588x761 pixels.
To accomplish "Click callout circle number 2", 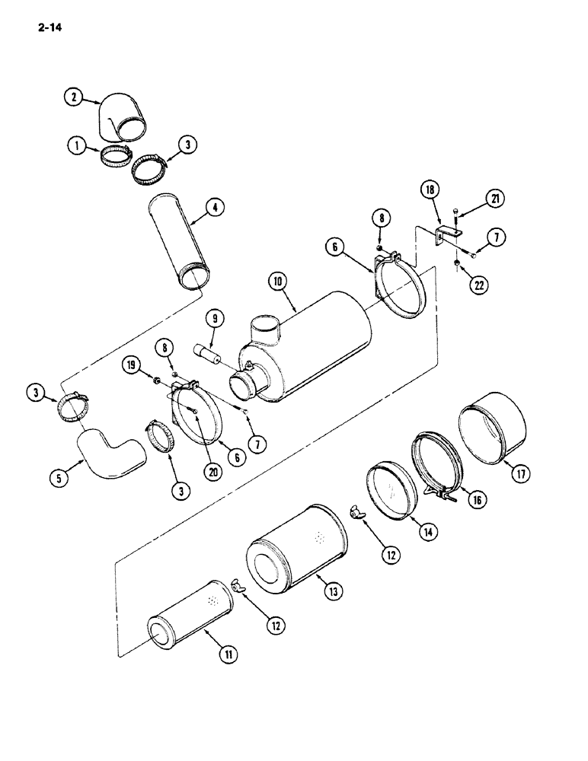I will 73,97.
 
